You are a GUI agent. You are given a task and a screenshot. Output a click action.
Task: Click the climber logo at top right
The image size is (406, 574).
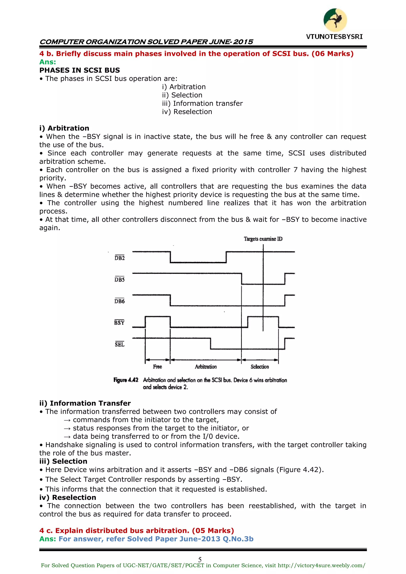pyautogui.click(x=335, y=20)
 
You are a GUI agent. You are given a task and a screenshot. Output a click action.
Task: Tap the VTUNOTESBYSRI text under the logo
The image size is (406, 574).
pyautogui.click(x=334, y=37)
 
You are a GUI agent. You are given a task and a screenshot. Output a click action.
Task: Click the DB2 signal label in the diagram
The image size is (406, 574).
pyautogui.click(x=120, y=258)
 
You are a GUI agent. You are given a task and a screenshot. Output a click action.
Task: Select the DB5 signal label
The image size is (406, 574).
pyautogui.click(x=120, y=280)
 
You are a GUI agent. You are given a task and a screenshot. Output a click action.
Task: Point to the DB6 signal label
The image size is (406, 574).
pyautogui.click(x=120, y=301)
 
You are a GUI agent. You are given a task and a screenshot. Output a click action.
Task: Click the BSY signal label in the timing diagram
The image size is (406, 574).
pyautogui.click(x=119, y=323)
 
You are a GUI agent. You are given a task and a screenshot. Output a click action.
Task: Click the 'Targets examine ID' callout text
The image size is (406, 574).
pyautogui.click(x=263, y=239)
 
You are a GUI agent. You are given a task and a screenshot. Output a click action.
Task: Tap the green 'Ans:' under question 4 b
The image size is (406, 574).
pyautogui.click(x=48, y=62)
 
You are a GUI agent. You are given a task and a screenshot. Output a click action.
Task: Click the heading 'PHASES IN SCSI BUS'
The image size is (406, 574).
pyautogui.click(x=79, y=70)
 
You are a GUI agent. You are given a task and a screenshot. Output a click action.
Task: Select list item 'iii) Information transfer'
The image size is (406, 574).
pyautogui.click(x=202, y=103)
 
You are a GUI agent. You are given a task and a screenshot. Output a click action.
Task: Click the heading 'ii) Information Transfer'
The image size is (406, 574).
pyautogui.click(x=85, y=403)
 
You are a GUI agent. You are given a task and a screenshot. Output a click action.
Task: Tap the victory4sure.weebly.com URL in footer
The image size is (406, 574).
pyautogui.click(x=321, y=565)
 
